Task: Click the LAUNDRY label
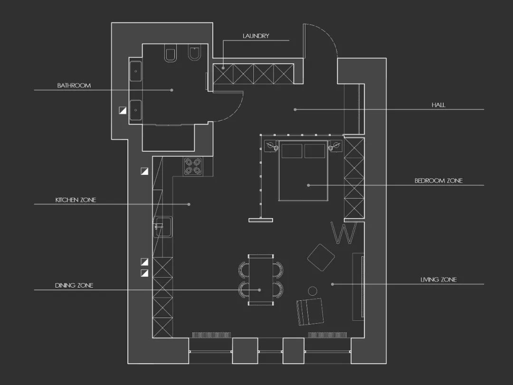[x=256, y=36]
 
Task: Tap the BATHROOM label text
[x=74, y=86]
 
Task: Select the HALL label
[x=438, y=105]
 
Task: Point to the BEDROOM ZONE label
[x=438, y=181]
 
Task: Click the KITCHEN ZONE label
[x=76, y=200]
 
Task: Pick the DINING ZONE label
[x=74, y=285]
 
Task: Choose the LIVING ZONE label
[x=438, y=279]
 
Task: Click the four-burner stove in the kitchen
[x=193, y=166]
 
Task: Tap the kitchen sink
[x=163, y=227]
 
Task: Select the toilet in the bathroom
[x=171, y=55]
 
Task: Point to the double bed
[x=303, y=171]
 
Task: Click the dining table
[x=261, y=280]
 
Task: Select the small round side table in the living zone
[x=313, y=291]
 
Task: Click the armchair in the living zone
[x=310, y=311]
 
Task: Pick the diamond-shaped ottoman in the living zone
[x=321, y=257]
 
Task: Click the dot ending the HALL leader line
[x=295, y=109]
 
